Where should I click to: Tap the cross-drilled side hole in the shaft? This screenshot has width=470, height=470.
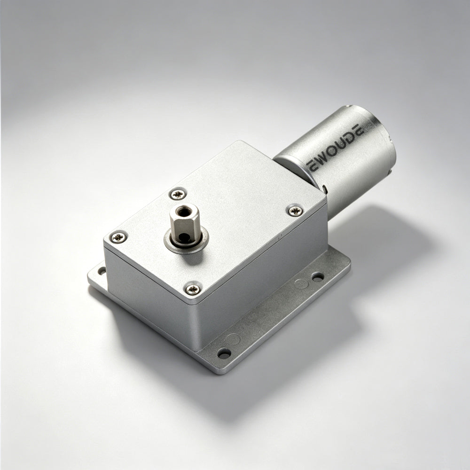point(183,238)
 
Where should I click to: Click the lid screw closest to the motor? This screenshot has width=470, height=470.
point(295,211)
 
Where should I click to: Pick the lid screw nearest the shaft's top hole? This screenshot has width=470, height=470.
point(178,194)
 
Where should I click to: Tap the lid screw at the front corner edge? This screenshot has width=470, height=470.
point(193,289)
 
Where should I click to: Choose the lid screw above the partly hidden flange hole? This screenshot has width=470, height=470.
point(119,237)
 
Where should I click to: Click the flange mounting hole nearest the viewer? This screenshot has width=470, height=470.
point(224,353)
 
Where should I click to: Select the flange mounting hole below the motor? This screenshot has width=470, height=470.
point(317,276)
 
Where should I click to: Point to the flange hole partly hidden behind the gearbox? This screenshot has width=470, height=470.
point(102,271)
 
